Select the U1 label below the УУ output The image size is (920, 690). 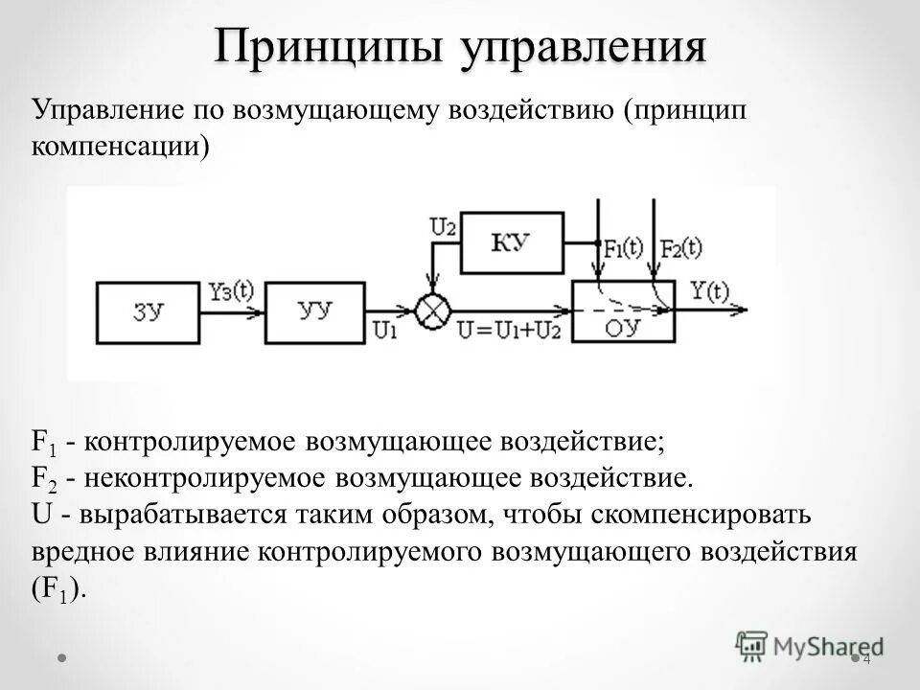(384, 331)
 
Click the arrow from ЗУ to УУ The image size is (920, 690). (234, 310)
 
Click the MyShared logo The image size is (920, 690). (810, 644)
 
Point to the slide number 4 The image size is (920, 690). (866, 659)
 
